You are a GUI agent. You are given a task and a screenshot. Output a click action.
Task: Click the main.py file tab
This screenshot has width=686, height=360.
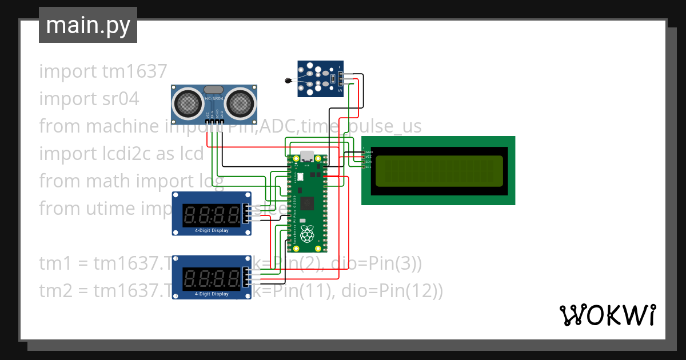[87, 26]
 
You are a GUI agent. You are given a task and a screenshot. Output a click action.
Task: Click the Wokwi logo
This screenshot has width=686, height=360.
[607, 315]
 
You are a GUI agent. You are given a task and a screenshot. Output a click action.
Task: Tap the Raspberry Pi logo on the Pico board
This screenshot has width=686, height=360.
[308, 234]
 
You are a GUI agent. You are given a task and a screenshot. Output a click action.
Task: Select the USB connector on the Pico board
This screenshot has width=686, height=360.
[308, 155]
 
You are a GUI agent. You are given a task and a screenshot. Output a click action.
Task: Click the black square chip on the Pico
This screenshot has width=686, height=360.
[308, 203]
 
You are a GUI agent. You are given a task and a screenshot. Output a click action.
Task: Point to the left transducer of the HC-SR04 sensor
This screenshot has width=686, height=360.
[187, 103]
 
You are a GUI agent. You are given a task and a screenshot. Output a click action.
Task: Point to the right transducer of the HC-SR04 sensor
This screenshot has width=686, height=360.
[240, 103]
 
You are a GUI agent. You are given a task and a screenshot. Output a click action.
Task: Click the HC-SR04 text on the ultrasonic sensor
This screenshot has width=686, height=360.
[213, 99]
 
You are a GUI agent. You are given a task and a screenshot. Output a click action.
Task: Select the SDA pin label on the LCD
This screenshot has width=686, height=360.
[369, 162]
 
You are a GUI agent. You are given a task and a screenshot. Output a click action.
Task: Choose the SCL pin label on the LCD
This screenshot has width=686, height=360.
[369, 167]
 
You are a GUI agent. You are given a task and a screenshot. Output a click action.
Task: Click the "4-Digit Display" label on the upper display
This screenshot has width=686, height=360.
[212, 231]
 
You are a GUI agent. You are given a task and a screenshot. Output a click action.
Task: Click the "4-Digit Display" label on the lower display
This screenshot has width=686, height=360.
[212, 294]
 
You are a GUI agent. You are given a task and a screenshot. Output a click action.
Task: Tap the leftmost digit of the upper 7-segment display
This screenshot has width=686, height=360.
[190, 215]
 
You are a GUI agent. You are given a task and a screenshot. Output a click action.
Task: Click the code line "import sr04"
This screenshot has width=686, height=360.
[89, 99]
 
